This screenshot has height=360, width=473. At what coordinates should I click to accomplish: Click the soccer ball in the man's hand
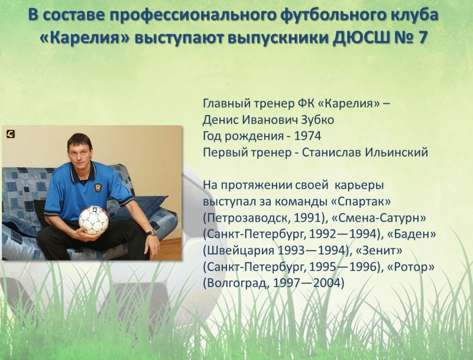[x=93, y=220]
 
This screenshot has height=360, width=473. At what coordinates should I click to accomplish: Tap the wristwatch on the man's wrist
[x=152, y=232]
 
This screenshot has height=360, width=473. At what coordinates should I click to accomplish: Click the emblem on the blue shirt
[x=98, y=187]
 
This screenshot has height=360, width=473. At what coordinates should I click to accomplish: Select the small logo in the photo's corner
[x=11, y=134]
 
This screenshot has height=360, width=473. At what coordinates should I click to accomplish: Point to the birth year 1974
[x=307, y=136]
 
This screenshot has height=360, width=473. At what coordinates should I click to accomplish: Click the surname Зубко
[x=318, y=119]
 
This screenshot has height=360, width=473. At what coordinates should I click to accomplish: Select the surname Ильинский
[x=396, y=153]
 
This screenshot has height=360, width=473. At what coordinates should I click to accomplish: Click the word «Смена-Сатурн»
[x=378, y=218]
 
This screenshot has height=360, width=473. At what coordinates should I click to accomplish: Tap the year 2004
[x=328, y=283]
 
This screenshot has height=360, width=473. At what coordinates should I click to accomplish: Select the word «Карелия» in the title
[x=85, y=38]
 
